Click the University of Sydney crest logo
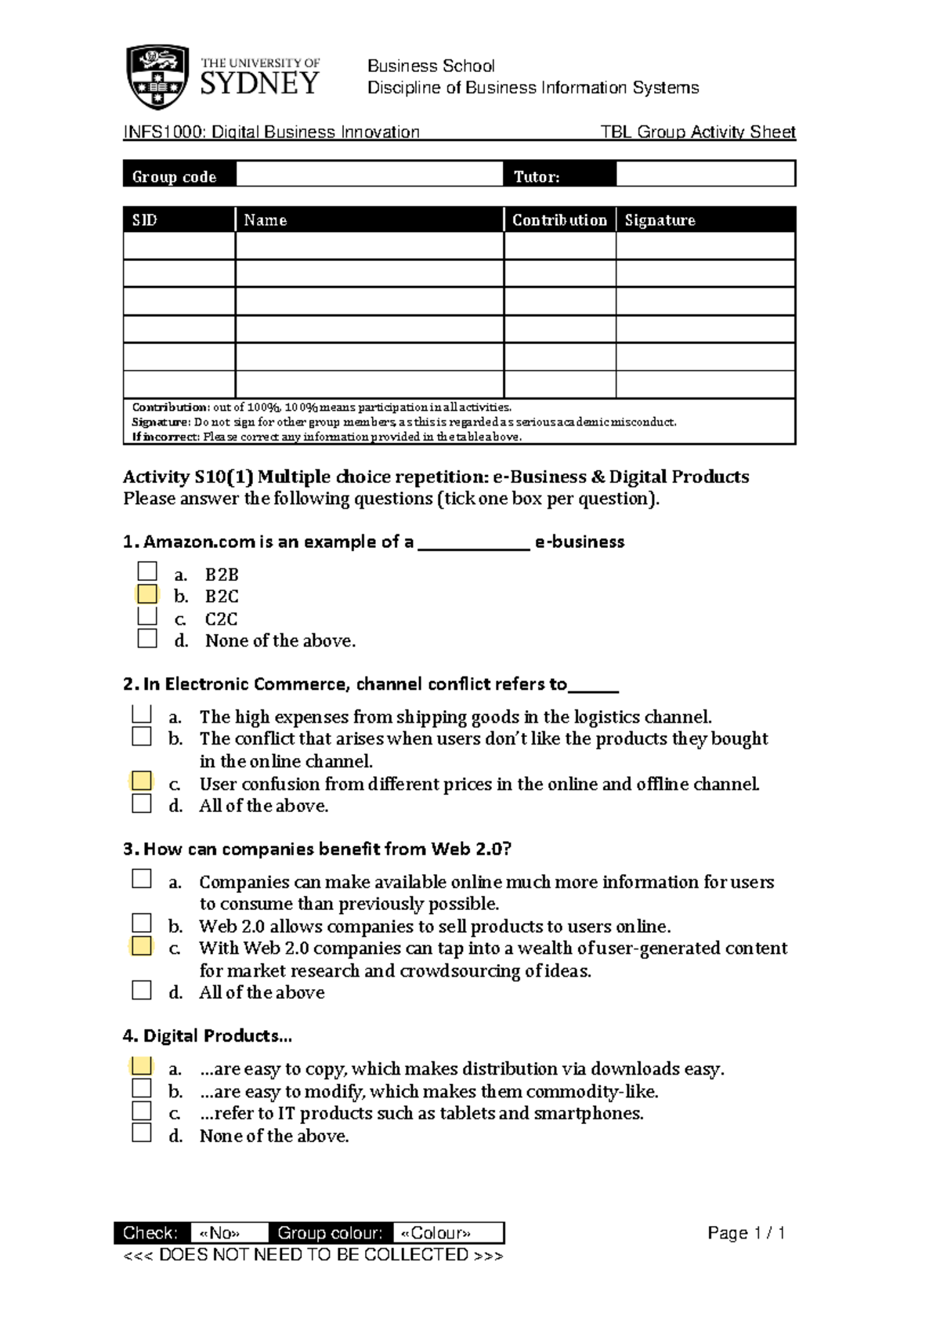click(157, 76)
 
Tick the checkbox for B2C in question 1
click(147, 594)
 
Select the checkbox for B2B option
click(147, 571)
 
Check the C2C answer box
click(147, 616)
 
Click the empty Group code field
click(369, 174)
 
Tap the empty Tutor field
click(705, 174)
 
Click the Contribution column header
click(559, 220)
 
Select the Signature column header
click(660, 220)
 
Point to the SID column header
click(145, 220)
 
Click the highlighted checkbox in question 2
click(142, 781)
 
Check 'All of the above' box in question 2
click(142, 803)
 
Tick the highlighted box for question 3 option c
click(142, 945)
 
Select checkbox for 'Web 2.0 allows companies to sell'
click(142, 923)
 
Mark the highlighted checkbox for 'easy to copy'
click(142, 1066)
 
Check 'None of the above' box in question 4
click(142, 1133)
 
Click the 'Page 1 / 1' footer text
click(746, 1233)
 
